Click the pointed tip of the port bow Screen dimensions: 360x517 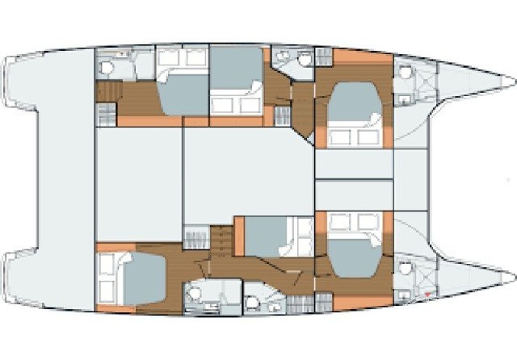click(x=511, y=81)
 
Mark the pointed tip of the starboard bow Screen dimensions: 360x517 click(x=511, y=278)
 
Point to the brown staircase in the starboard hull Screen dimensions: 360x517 click(x=221, y=239)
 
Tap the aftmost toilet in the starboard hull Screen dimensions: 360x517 click(x=194, y=295)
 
